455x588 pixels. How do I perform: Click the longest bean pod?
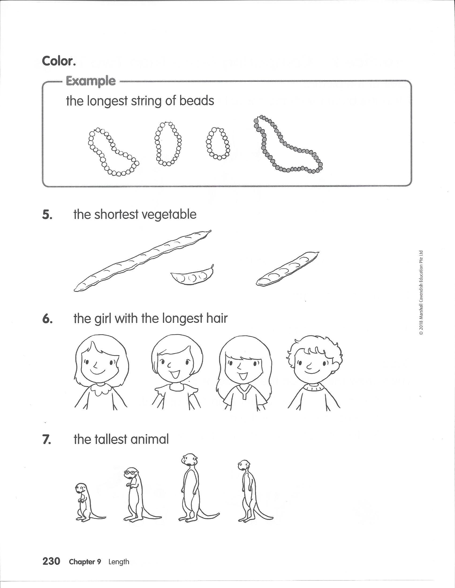click(x=142, y=260)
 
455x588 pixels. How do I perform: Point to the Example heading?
click(x=91, y=81)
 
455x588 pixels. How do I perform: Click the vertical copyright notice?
click(x=420, y=293)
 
